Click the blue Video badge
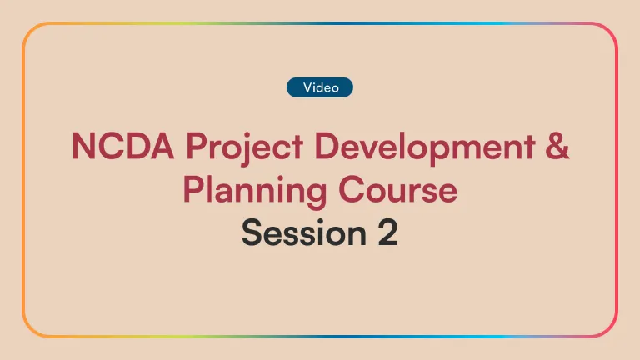(x=320, y=87)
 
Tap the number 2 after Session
(x=385, y=233)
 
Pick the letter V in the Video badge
(x=307, y=87)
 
